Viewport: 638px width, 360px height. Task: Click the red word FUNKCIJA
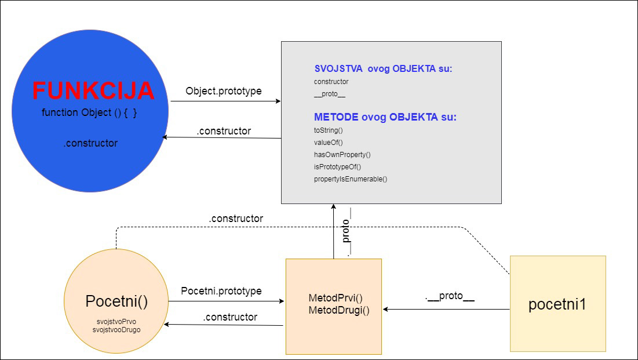tap(93, 91)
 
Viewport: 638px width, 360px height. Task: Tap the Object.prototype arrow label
tap(223, 91)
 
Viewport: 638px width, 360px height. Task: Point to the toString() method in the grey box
tap(328, 130)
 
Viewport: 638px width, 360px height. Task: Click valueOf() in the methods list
tap(328, 143)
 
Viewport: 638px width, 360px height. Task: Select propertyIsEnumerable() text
tap(350, 179)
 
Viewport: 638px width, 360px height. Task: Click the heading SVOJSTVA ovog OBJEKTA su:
tap(383, 69)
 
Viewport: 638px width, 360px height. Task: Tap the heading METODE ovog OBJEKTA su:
tap(385, 117)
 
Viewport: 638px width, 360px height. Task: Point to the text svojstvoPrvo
tap(116, 321)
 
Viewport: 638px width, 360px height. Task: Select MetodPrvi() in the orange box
tap(336, 299)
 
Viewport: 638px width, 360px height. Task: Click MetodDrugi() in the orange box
tap(339, 310)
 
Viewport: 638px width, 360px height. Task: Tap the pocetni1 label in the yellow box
tap(557, 304)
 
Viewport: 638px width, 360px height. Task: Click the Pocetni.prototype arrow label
tap(221, 290)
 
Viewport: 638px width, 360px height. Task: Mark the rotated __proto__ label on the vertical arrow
tap(347, 232)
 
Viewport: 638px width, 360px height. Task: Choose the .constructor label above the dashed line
tap(235, 219)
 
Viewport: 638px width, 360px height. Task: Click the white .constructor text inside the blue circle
tap(90, 143)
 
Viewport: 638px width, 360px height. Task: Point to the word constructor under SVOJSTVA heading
tap(331, 82)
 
